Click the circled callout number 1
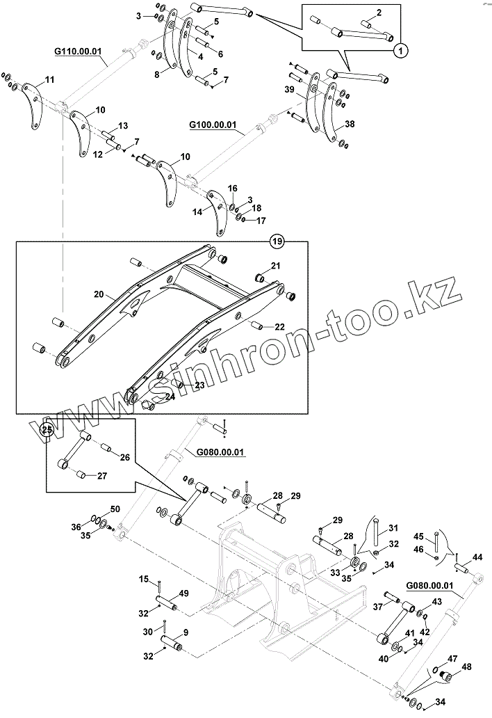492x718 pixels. pyautogui.click(x=400, y=50)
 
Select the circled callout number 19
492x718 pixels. pyautogui.click(x=277, y=242)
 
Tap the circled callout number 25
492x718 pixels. pyautogui.click(x=47, y=429)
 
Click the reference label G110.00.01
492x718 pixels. pyautogui.click(x=77, y=51)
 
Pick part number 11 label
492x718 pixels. pyautogui.click(x=49, y=81)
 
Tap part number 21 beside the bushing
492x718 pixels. pyautogui.click(x=276, y=266)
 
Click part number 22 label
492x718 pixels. pyautogui.click(x=279, y=327)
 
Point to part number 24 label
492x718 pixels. pyautogui.click(x=170, y=397)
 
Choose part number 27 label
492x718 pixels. pyautogui.click(x=101, y=477)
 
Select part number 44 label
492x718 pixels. pyautogui.click(x=477, y=557)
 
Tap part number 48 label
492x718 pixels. pyautogui.click(x=466, y=667)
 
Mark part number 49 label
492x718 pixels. pyautogui.click(x=184, y=593)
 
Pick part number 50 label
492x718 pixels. pyautogui.click(x=115, y=509)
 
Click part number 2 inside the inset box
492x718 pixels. pyautogui.click(x=378, y=13)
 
